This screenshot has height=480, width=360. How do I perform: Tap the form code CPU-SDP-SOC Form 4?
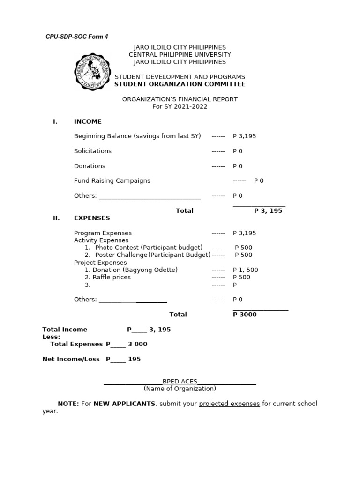[76, 37]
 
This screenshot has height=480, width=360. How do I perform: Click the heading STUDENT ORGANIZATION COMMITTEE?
[180, 84]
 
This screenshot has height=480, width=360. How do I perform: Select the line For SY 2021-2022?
[180, 106]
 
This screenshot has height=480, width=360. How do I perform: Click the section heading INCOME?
[88, 121]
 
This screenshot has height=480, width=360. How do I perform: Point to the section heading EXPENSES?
[92, 218]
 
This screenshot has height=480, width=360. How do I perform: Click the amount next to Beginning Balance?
[244, 136]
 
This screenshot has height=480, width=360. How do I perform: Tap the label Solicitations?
[93, 151]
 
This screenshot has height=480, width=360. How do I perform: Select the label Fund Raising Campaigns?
[112, 180]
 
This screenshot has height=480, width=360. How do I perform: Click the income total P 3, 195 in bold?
[268, 211]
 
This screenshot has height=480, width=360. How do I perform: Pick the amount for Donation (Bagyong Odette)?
[245, 270]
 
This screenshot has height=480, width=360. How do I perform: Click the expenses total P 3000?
[245, 315]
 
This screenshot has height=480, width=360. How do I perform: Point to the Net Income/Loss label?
[71, 359]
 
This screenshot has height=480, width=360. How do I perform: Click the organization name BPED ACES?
[180, 382]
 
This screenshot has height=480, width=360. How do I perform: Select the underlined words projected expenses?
[229, 404]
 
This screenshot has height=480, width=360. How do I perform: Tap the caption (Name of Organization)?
[180, 389]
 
